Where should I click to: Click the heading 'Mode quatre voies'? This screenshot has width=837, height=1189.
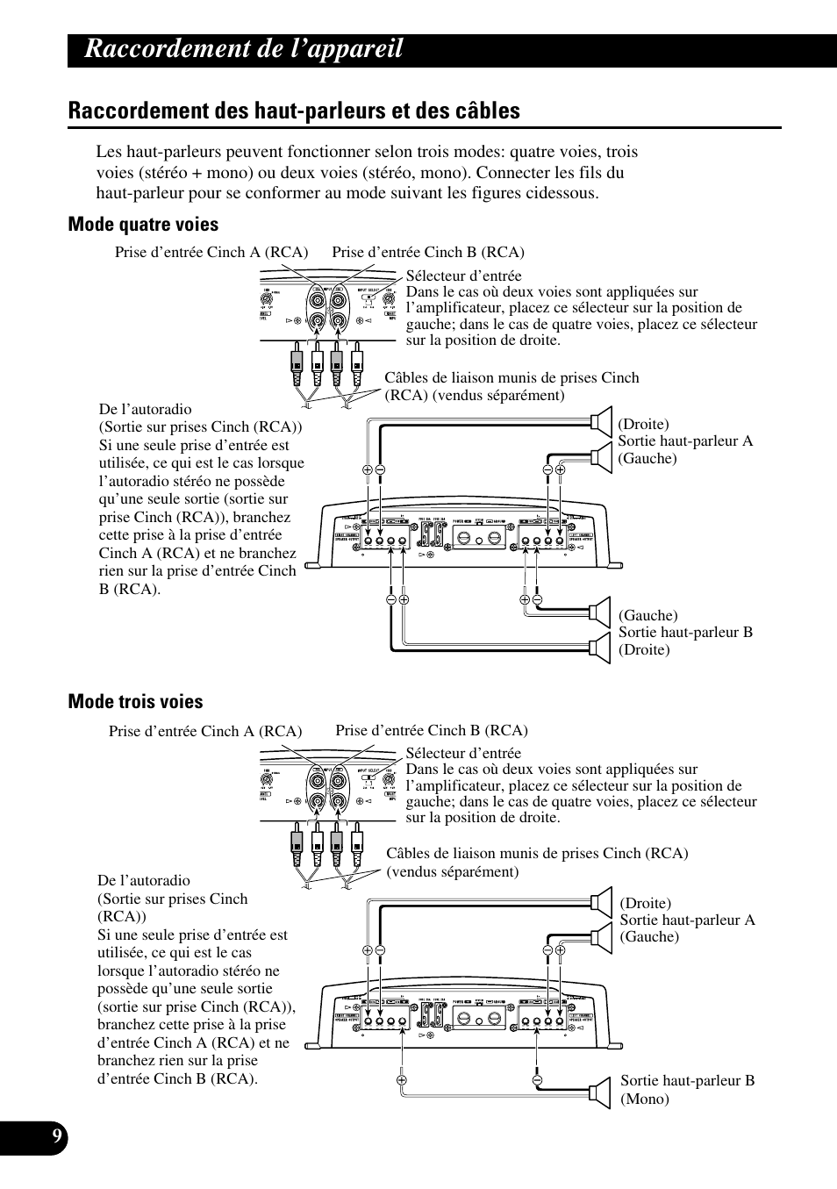pyautogui.click(x=143, y=225)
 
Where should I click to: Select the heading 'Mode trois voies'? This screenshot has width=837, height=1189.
pyautogui.click(x=135, y=702)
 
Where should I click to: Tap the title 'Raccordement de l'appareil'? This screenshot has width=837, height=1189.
pyautogui.click(x=244, y=49)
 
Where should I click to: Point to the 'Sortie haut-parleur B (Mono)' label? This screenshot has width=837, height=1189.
pyautogui.click(x=687, y=1089)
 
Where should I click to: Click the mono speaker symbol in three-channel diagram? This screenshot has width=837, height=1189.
pyautogui.click(x=600, y=1091)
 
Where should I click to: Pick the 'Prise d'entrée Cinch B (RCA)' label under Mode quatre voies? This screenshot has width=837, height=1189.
pyautogui.click(x=428, y=253)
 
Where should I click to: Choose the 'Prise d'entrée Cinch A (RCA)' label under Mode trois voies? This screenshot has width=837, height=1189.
pyautogui.click(x=205, y=731)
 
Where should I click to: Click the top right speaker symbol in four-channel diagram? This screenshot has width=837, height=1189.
pyautogui.click(x=600, y=420)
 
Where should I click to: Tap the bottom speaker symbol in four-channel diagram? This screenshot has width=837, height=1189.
pyautogui.click(x=600, y=648)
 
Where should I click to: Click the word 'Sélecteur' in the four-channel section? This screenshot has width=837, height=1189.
pyautogui.click(x=436, y=276)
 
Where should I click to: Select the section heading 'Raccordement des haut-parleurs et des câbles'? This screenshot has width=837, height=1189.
pyautogui.click(x=294, y=111)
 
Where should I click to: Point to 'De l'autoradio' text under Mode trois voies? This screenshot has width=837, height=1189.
pyautogui.click(x=144, y=880)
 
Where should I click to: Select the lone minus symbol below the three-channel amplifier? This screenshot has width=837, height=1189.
pyautogui.click(x=537, y=1079)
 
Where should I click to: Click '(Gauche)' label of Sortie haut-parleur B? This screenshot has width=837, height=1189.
pyautogui.click(x=648, y=615)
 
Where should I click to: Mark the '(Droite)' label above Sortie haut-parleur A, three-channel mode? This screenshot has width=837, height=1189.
pyautogui.click(x=646, y=903)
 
